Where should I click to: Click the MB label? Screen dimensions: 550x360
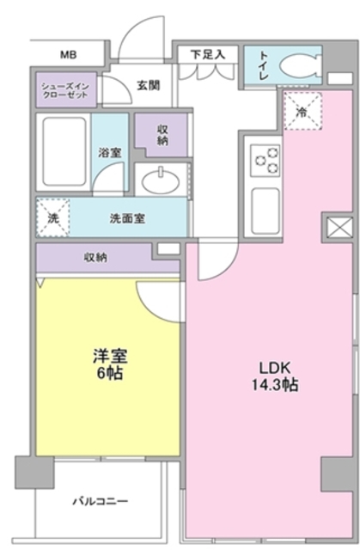(68, 55)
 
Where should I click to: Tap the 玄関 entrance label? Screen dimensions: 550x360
(147, 85)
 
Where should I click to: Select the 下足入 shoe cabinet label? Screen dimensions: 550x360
(207, 54)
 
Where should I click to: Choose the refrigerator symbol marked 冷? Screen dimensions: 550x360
(302, 113)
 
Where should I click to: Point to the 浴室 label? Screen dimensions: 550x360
(109, 152)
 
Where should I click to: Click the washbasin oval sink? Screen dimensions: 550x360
(161, 181)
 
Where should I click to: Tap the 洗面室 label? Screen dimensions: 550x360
(126, 218)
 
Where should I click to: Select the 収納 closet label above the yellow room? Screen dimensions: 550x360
(95, 256)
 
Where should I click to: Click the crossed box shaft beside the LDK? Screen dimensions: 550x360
(337, 229)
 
